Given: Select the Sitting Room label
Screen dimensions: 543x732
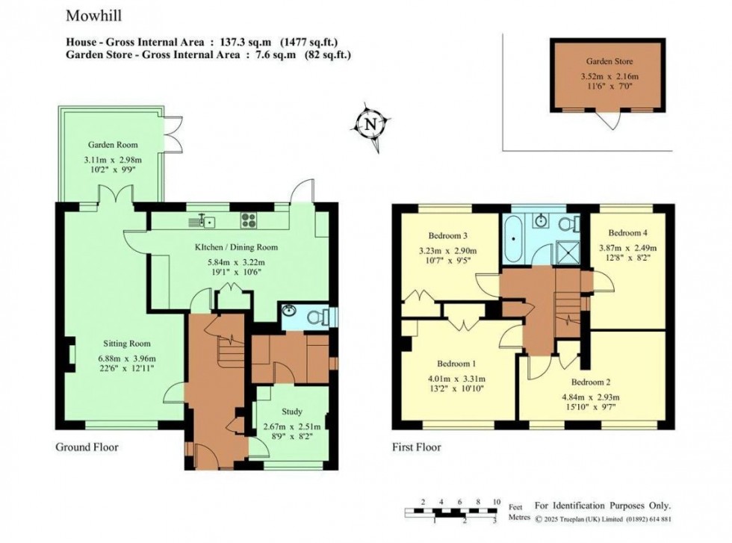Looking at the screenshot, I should coord(127,344).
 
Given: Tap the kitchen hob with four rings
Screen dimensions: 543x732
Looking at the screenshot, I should coord(249,220).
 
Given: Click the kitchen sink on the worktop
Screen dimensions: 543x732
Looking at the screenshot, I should coord(205,220).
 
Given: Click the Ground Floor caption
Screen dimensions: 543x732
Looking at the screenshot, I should coord(87,447).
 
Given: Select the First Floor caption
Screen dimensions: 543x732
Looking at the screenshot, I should coord(417,447).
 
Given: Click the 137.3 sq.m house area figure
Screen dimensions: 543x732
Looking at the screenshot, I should coord(241,43).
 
